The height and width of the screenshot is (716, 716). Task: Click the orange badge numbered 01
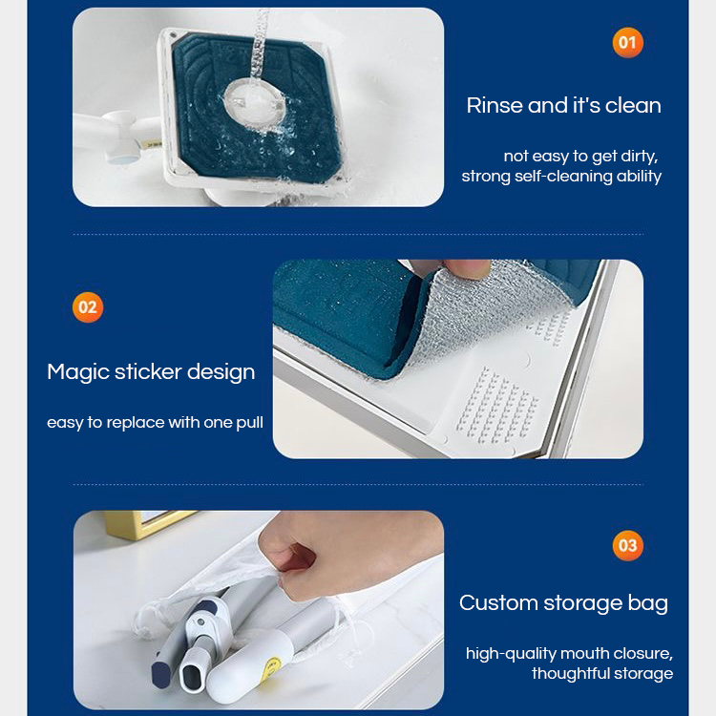627,42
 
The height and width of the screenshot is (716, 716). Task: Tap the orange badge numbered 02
88,307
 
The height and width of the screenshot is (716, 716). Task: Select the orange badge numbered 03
627,545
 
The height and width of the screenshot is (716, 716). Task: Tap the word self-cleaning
563,177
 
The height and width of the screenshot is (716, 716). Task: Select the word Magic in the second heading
77,372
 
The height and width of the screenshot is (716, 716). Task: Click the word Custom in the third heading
498,602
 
